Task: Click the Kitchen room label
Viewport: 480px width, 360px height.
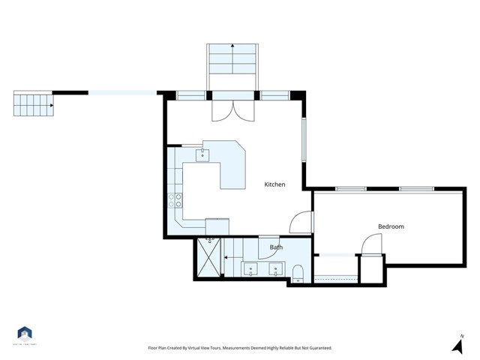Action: click(x=274, y=184)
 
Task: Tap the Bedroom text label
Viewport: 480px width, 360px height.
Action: click(x=391, y=226)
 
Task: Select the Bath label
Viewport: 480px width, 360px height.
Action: click(x=275, y=247)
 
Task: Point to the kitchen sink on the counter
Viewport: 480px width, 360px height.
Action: click(x=202, y=155)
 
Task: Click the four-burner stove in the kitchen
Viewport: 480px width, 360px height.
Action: click(x=175, y=200)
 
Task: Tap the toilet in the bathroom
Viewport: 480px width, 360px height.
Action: click(x=298, y=272)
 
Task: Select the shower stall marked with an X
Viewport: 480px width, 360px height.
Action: click(x=208, y=259)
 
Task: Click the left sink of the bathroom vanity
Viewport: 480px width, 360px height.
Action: click(x=250, y=268)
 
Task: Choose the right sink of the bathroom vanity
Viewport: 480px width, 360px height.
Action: click(x=276, y=268)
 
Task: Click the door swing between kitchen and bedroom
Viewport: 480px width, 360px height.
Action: click(x=301, y=221)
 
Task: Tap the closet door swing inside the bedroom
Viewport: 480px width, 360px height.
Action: click(x=370, y=244)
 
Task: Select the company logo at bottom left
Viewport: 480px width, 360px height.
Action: click(x=25, y=334)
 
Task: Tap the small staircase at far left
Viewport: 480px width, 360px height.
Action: click(x=34, y=104)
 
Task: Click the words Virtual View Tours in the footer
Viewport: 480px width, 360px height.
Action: click(x=204, y=348)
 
